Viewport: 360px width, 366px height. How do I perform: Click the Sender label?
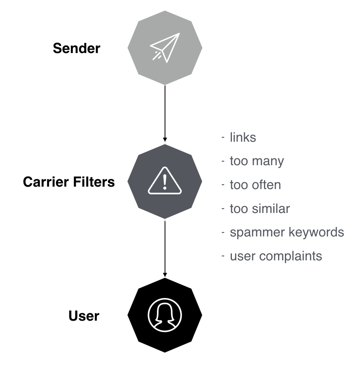pos(76,49)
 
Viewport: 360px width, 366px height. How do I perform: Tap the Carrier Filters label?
pos(69,182)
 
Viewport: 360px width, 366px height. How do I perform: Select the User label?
pos(84,316)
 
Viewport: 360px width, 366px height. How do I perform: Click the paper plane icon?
pos(165,47)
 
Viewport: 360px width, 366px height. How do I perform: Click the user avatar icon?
pos(165,315)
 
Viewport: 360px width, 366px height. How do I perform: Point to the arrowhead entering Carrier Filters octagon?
pos(165,140)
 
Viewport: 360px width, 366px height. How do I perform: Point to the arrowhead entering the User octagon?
pos(165,274)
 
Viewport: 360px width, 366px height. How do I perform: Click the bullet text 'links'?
pos(243,138)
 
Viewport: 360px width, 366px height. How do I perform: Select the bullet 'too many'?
pos(257,161)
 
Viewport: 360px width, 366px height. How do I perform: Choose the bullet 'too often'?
pos(255,185)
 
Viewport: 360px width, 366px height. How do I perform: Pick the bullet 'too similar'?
pos(259,209)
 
